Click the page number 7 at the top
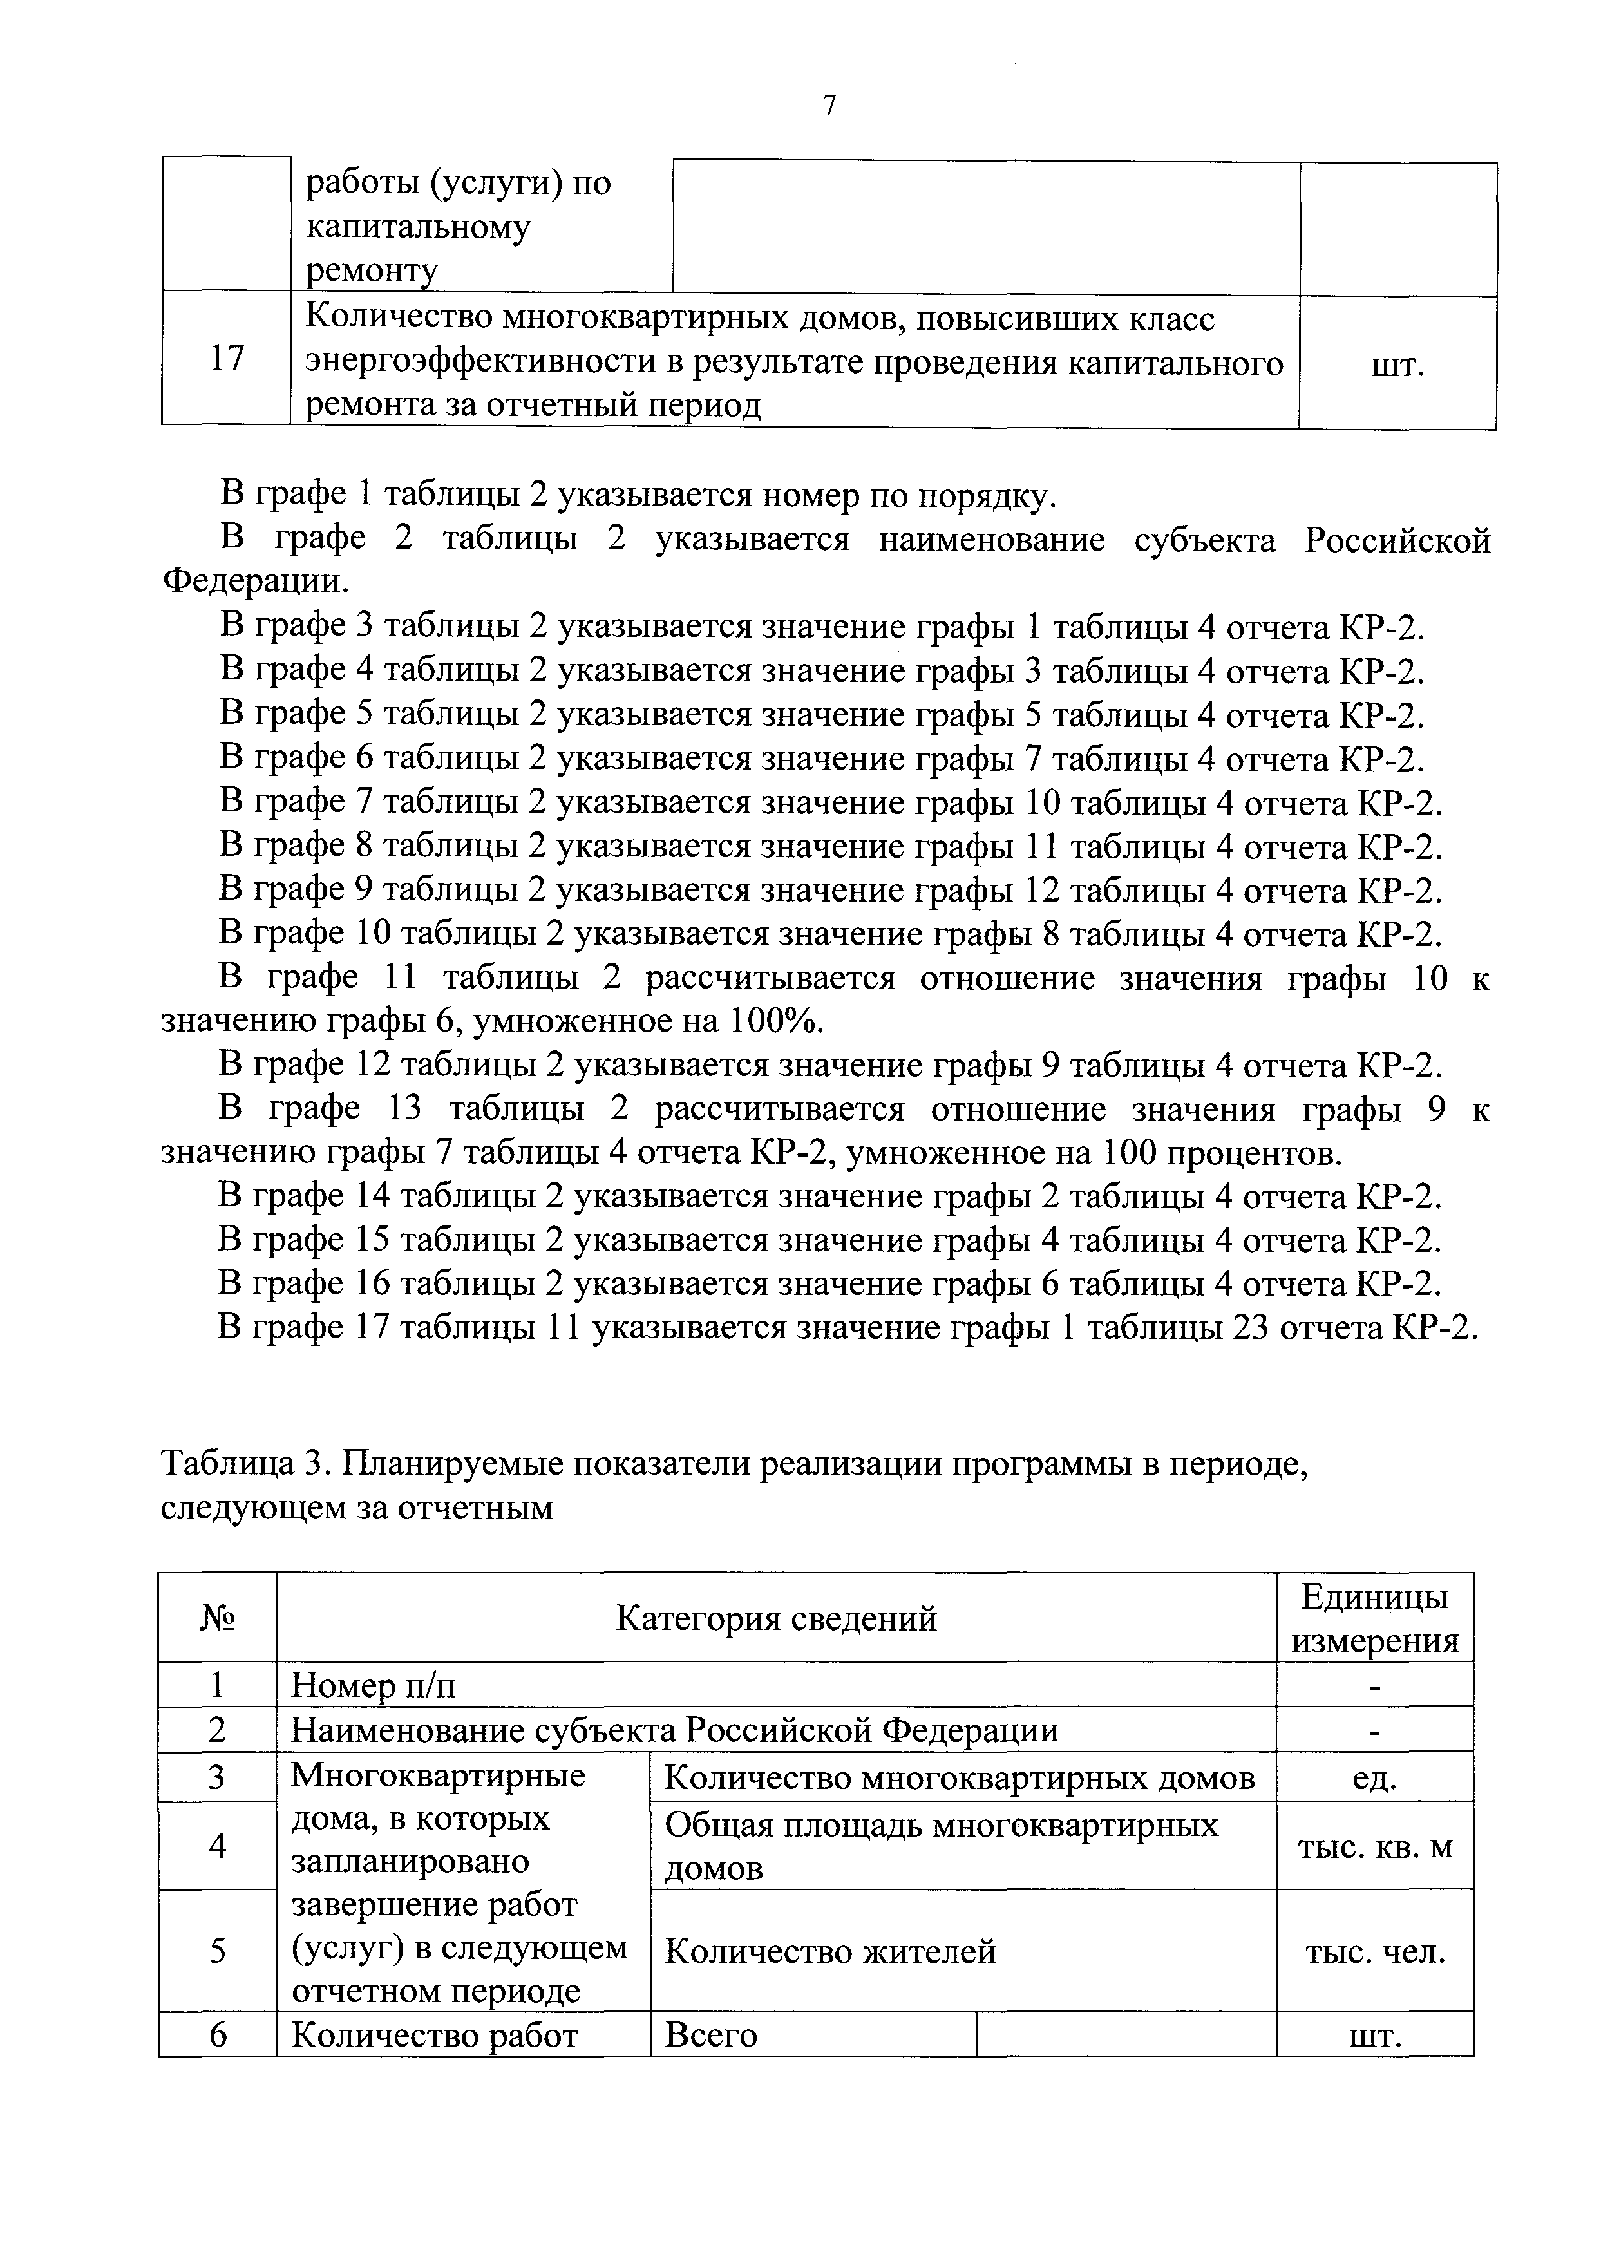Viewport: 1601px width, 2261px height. click(x=829, y=106)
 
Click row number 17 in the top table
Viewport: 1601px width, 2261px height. click(x=227, y=358)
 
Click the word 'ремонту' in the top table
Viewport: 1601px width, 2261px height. click(x=371, y=271)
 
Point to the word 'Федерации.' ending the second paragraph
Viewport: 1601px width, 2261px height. click(x=255, y=582)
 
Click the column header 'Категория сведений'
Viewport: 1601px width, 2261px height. click(x=776, y=1618)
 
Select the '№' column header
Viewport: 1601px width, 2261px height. click(x=218, y=1618)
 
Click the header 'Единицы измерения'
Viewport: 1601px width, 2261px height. click(x=1374, y=1618)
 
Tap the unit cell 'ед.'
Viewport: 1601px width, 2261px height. click(x=1374, y=1778)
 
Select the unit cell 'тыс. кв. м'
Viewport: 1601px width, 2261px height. click(x=1374, y=1847)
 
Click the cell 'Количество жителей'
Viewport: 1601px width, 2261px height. click(x=830, y=1951)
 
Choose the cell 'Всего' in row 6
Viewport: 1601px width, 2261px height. click(x=711, y=2036)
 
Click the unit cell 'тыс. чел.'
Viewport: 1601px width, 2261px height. click(x=1374, y=1951)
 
